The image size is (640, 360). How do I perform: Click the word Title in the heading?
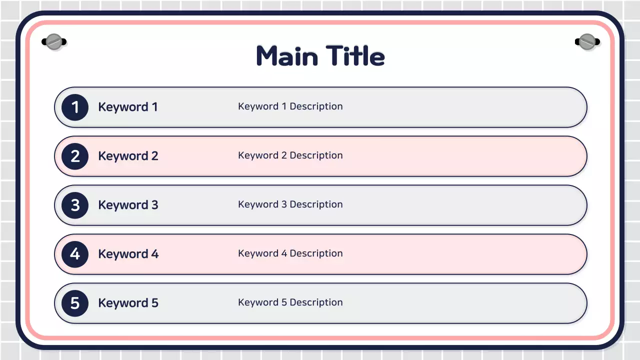[355, 56]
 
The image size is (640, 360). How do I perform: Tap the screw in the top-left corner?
[53, 41]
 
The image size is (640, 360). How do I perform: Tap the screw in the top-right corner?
[586, 41]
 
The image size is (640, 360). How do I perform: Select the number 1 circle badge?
[75, 107]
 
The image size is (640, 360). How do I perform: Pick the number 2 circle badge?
[75, 156]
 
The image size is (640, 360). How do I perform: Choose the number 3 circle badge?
[75, 205]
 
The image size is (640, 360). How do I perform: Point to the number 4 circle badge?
[75, 254]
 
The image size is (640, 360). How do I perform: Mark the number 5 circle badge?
[75, 303]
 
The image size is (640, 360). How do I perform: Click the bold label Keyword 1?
[128, 107]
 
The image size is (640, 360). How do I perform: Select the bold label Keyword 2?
[128, 156]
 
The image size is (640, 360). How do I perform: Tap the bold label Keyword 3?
[128, 205]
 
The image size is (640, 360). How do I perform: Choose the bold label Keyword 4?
[128, 254]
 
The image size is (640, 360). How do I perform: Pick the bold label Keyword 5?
[128, 303]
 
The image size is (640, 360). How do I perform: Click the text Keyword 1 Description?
[290, 106]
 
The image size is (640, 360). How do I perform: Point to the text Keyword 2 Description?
[290, 155]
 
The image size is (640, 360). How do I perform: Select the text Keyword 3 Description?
[290, 204]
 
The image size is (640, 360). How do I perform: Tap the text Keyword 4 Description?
[290, 253]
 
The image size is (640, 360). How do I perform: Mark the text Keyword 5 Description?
[290, 302]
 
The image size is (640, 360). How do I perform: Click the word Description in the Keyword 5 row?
[316, 302]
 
